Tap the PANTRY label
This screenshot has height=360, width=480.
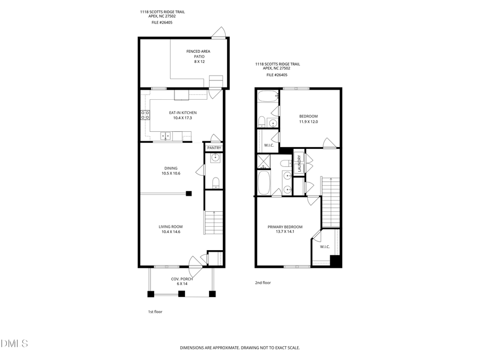point(214,148)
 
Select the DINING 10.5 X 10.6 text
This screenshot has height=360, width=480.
point(171,171)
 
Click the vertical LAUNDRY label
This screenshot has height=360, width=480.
point(299,163)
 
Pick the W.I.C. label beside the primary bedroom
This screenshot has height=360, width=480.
point(325,246)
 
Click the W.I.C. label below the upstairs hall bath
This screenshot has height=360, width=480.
point(269,145)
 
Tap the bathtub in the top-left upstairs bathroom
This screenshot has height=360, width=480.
point(267,98)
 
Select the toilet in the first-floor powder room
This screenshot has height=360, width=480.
point(215,183)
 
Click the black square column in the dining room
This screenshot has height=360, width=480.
point(189,193)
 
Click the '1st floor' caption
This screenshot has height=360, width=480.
point(155,311)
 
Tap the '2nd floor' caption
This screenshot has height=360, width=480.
point(263,283)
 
